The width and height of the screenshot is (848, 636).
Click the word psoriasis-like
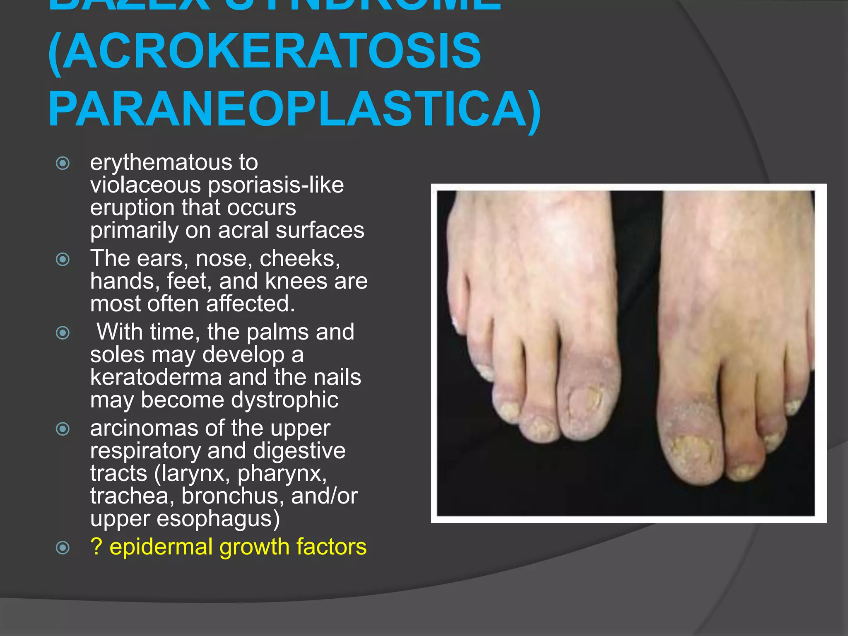(276, 185)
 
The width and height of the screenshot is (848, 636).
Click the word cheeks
(299, 258)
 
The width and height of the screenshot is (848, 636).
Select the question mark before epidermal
(96, 547)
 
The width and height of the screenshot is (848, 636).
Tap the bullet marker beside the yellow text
(63, 548)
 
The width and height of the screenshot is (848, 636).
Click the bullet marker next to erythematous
(63, 163)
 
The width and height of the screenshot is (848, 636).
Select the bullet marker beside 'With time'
(63, 332)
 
